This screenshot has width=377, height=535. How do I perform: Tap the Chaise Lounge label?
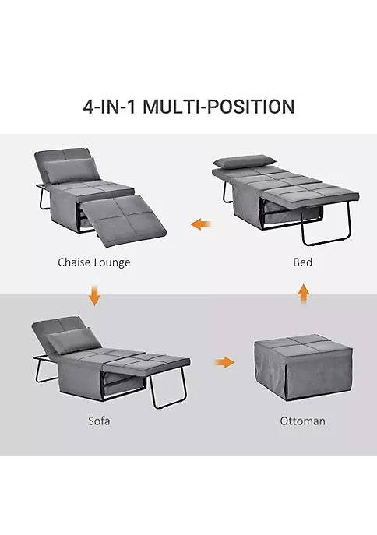pyautogui.click(x=94, y=262)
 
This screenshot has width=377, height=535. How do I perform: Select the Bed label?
pyautogui.click(x=303, y=262)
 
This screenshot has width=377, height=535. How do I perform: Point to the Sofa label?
pyautogui.click(x=99, y=421)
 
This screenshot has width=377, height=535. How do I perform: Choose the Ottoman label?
pyautogui.click(x=303, y=421)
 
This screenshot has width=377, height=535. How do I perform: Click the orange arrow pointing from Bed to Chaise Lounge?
pyautogui.click(x=201, y=225)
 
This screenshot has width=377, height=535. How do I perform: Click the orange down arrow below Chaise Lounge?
pyautogui.click(x=94, y=297)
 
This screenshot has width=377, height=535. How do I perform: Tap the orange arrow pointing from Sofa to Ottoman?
pyautogui.click(x=224, y=362)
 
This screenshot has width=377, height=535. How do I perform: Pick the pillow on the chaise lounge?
pyautogui.click(x=74, y=168)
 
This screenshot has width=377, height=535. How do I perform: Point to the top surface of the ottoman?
pyautogui.click(x=302, y=343)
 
